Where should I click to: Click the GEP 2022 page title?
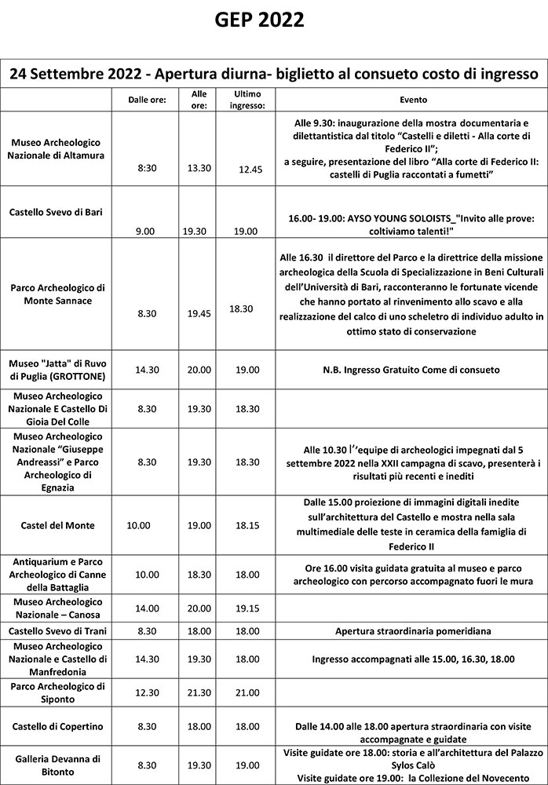[x=259, y=20]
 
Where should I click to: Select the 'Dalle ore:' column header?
[x=147, y=100]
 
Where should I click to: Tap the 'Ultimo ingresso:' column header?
[x=250, y=100]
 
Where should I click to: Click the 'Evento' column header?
[x=413, y=100]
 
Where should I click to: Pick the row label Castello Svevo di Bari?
[x=56, y=212]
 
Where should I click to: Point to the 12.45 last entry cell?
[x=250, y=170]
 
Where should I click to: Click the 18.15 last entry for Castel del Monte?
[x=250, y=525]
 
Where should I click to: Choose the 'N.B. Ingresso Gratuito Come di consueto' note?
[x=412, y=370]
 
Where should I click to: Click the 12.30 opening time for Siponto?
[x=147, y=692]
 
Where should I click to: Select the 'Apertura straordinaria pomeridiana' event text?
[x=412, y=631]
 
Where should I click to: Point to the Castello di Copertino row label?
[x=56, y=727]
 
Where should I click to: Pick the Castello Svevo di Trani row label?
[x=56, y=631]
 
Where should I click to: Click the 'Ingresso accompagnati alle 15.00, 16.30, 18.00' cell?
[x=412, y=659]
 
